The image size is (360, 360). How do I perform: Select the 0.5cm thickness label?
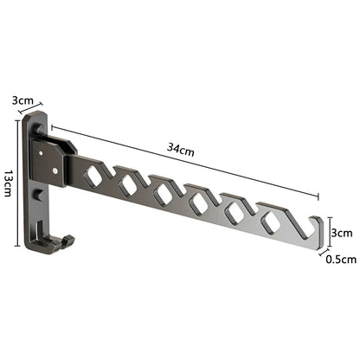342,257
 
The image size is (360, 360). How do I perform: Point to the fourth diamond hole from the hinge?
196,204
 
